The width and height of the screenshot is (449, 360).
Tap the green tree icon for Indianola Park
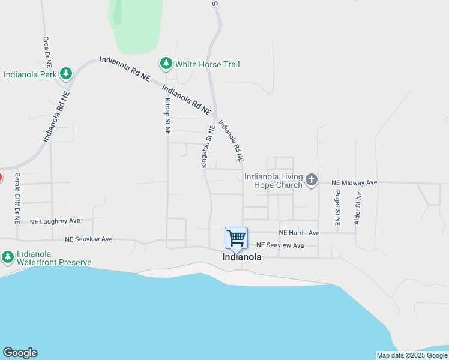click(x=66, y=74)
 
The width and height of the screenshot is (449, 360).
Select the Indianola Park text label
click(x=30, y=75)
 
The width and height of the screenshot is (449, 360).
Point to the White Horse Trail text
click(x=207, y=64)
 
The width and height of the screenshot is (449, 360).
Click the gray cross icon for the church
click(x=311, y=179)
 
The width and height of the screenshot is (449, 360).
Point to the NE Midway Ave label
click(x=354, y=182)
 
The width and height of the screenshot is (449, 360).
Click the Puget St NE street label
click(x=338, y=207)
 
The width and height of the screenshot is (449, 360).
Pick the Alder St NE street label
click(x=358, y=208)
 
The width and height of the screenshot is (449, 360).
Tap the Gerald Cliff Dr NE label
click(x=17, y=199)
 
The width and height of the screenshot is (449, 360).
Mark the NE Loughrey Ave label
click(x=55, y=221)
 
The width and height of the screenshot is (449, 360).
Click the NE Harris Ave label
click(x=299, y=233)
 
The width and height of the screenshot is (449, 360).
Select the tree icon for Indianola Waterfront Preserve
click(x=7, y=257)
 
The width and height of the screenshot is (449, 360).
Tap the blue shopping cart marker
click(x=236, y=238)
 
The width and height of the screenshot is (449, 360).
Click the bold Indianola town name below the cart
click(x=242, y=257)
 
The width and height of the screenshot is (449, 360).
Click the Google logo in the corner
click(x=20, y=353)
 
